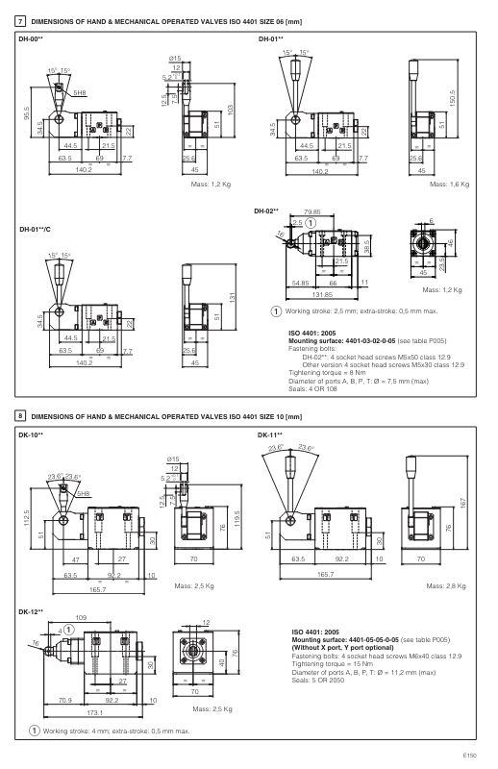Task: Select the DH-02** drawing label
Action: [x=266, y=210]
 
